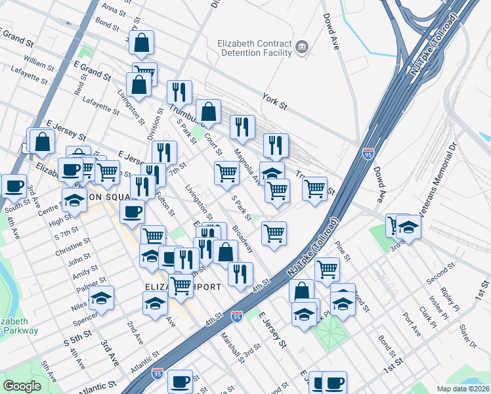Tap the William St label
point(39,64)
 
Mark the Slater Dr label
point(468,336)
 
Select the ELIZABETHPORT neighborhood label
point(169,287)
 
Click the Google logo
point(22,386)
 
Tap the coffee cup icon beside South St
point(12,185)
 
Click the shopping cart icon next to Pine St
point(326,269)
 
